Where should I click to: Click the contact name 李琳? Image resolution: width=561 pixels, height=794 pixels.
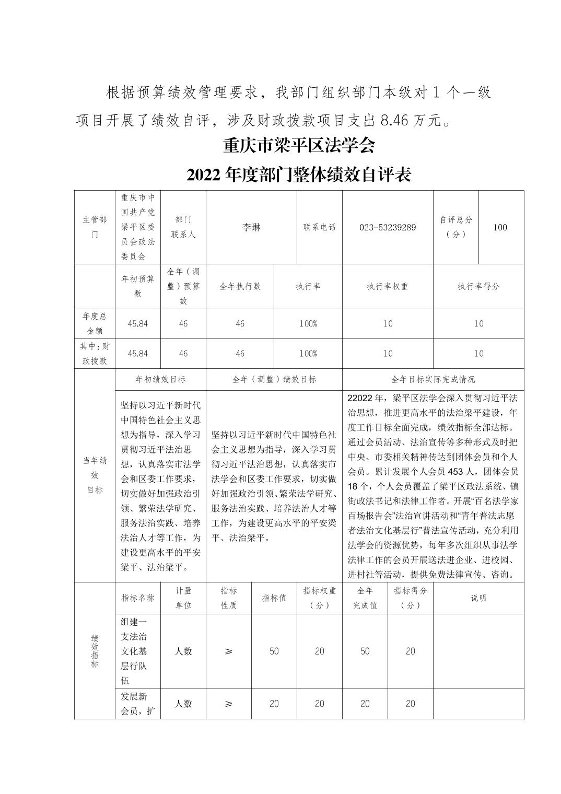tap(251, 227)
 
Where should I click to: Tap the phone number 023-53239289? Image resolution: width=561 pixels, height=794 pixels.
tap(388, 227)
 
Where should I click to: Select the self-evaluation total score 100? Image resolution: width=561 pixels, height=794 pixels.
tap(500, 227)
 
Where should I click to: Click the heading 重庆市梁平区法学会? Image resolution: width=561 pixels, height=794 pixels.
tap(299, 145)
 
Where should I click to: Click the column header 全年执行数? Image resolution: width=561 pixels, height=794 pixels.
tap(240, 286)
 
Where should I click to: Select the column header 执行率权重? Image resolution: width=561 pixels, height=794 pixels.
tap(388, 286)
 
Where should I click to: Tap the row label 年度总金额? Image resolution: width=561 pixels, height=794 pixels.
tap(95, 323)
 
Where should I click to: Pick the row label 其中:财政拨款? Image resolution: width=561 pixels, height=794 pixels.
tap(95, 353)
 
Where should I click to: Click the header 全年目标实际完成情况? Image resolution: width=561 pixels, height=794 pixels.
tap(433, 379)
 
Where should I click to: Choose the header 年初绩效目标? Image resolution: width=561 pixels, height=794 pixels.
tap(160, 379)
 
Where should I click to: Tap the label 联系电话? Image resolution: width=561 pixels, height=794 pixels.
tap(320, 227)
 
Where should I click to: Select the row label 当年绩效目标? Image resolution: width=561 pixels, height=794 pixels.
tap(95, 475)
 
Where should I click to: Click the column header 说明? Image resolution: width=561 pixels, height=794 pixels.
tap(478, 598)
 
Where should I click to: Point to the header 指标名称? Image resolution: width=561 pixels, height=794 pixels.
tap(138, 598)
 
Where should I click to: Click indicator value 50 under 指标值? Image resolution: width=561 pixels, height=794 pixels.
tap(274, 651)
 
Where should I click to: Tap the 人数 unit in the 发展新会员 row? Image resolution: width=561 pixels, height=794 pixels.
tap(183, 704)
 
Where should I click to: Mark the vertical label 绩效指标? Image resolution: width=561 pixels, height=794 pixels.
tap(95, 651)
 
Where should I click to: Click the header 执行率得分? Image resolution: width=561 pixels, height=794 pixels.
tap(478, 286)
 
